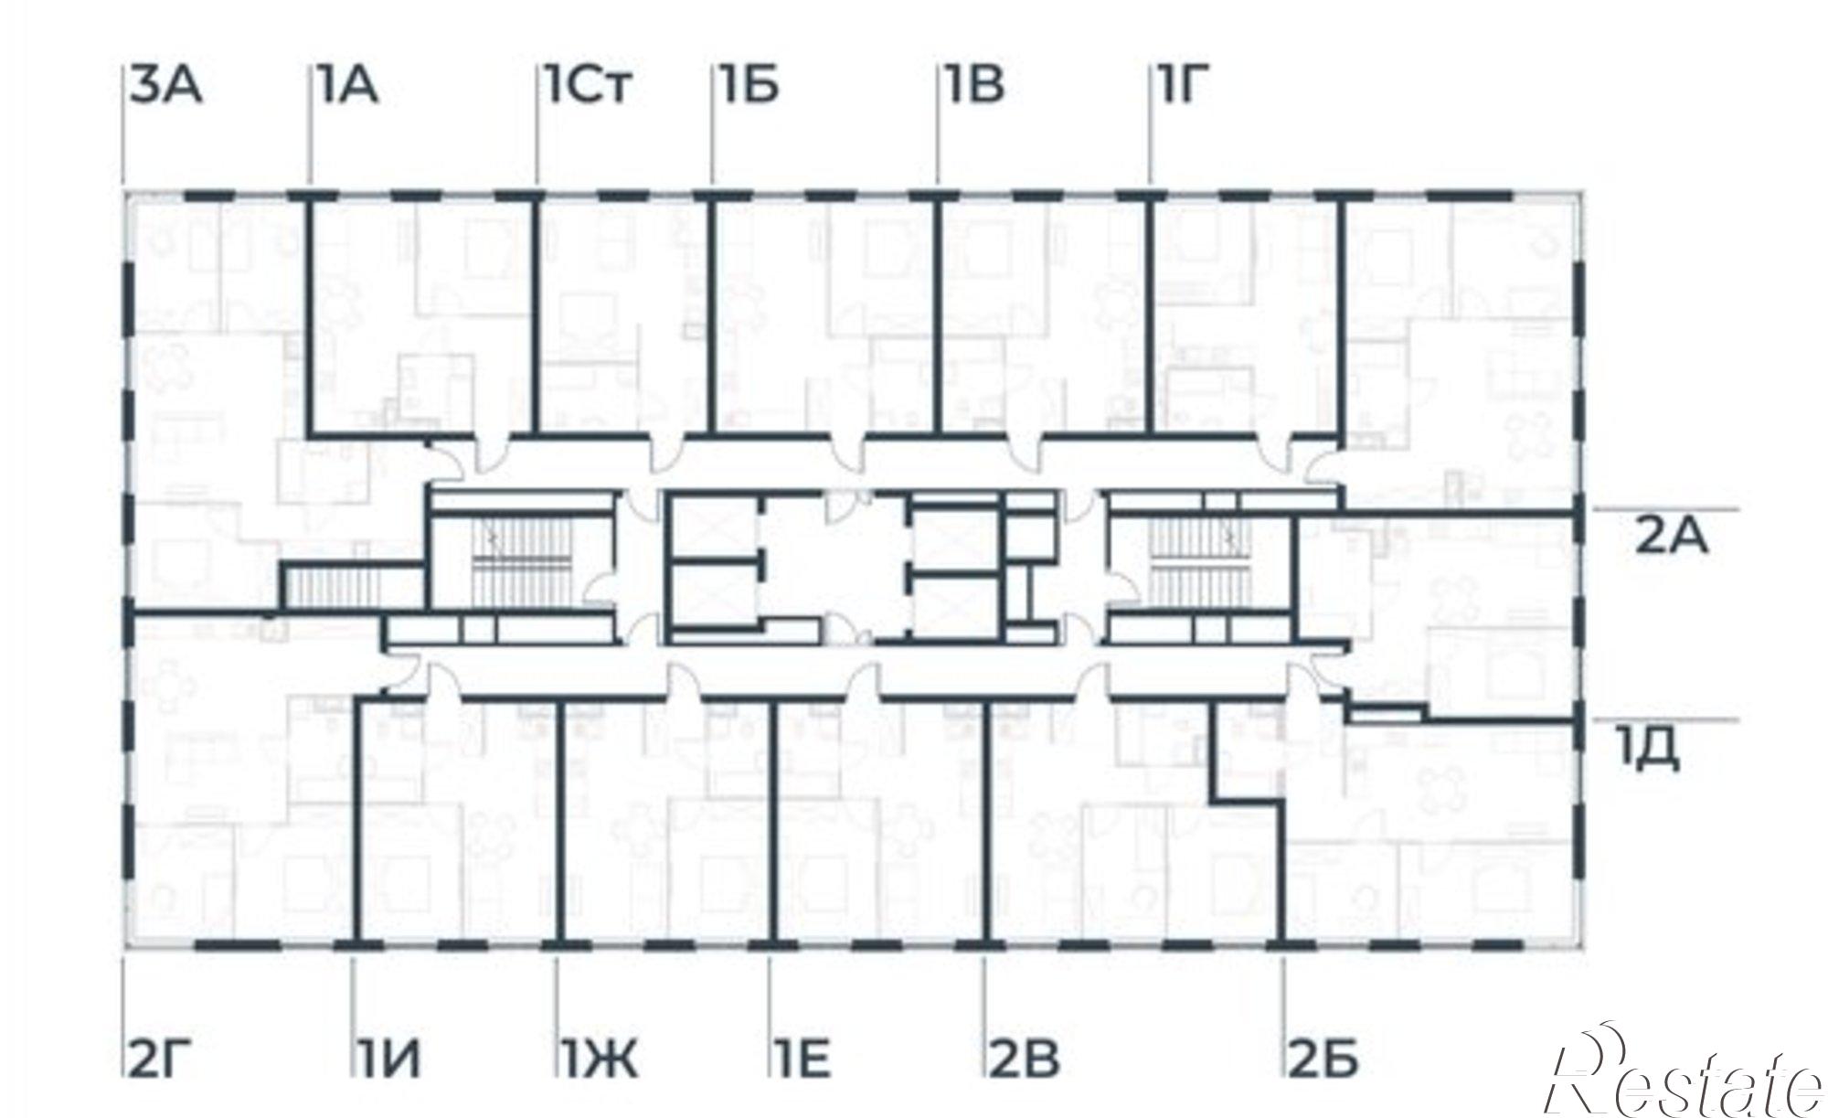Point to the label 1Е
803,1059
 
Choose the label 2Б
1324,1059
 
